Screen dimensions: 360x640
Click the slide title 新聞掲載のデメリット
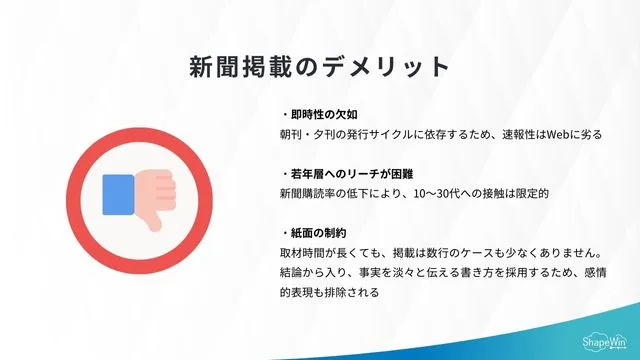click(320, 66)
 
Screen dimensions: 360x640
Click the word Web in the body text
click(559, 134)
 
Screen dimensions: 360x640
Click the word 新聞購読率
click(310, 194)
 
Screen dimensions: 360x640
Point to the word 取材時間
click(303, 253)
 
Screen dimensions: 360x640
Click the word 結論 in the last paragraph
click(292, 273)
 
